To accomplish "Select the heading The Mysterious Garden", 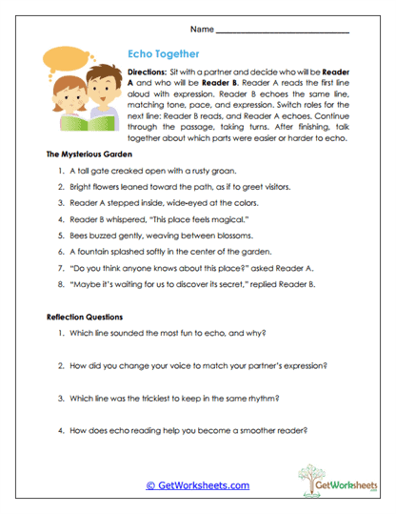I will tap(89, 154).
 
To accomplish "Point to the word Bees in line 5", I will tap(78, 236).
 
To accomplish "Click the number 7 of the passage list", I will tap(60, 268).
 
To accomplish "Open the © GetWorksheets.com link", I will tap(199, 485).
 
